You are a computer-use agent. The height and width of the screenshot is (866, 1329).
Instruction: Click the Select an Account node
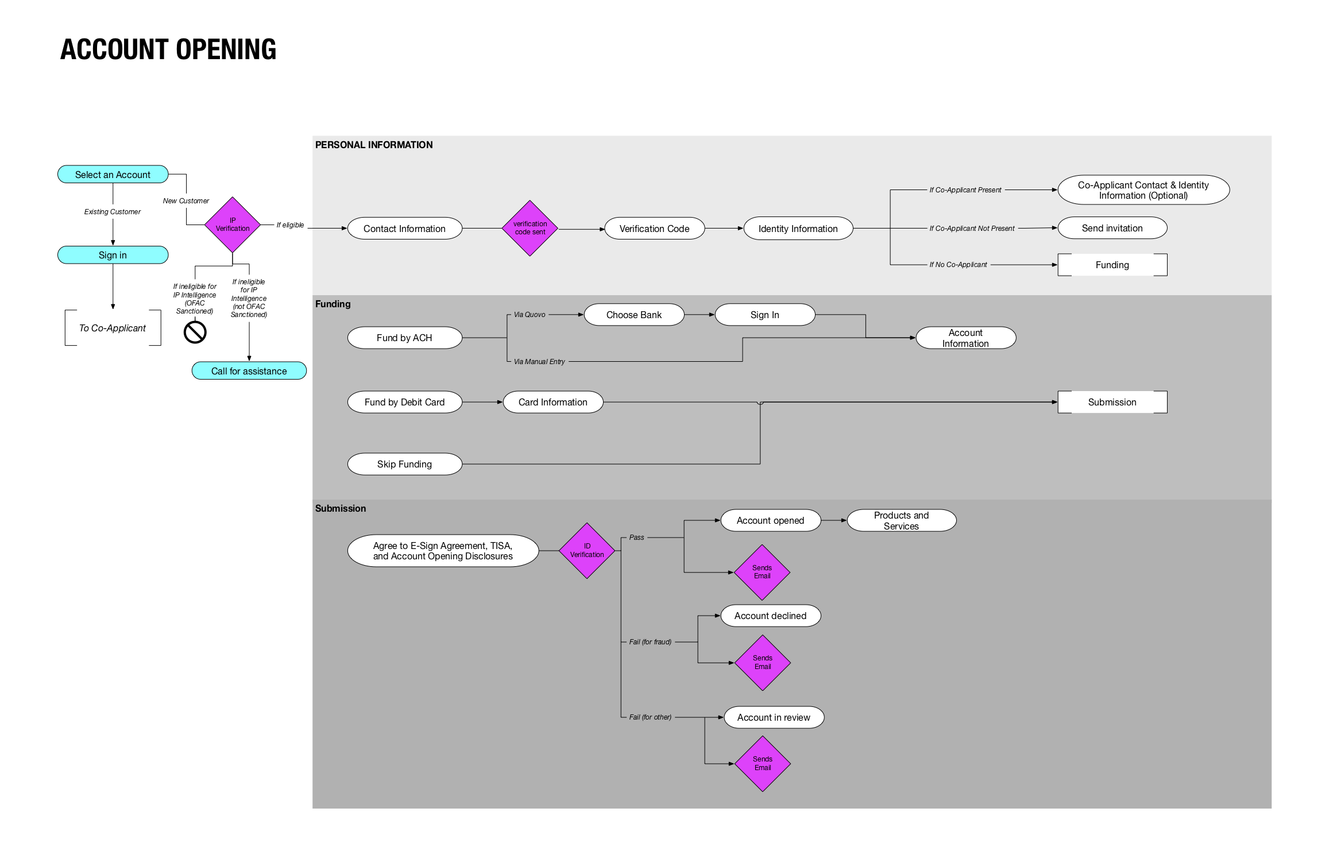(113, 175)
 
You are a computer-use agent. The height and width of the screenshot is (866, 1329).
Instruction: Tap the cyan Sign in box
(113, 255)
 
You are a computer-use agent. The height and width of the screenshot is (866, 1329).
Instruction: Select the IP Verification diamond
(232, 225)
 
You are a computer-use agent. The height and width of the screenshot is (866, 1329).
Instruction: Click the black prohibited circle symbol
(195, 332)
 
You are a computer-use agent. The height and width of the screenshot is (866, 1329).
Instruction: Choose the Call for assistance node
(249, 371)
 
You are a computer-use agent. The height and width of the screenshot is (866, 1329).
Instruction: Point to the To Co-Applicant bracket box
(113, 328)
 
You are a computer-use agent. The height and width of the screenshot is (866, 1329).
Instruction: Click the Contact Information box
(404, 229)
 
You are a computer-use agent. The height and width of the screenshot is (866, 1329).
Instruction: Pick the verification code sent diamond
(530, 228)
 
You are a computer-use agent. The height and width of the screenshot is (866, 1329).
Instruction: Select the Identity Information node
(798, 229)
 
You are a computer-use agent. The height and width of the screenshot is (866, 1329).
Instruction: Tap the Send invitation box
(1112, 228)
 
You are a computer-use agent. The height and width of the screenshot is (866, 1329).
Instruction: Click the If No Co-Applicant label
(958, 265)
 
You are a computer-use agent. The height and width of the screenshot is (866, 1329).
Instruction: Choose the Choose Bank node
(633, 315)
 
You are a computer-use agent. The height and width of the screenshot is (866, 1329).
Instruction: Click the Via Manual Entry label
(539, 362)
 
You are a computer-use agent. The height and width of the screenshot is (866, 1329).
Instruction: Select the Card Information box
(553, 402)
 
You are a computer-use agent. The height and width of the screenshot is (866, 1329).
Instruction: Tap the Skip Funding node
(404, 464)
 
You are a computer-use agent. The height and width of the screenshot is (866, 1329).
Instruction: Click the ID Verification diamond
(586, 551)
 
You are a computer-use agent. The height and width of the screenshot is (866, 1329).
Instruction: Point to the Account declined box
(770, 616)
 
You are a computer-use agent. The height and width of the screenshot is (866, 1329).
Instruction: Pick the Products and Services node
(901, 520)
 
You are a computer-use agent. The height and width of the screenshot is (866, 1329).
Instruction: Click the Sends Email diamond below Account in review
(762, 764)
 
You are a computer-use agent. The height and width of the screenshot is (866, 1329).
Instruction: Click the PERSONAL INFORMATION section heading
(374, 145)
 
